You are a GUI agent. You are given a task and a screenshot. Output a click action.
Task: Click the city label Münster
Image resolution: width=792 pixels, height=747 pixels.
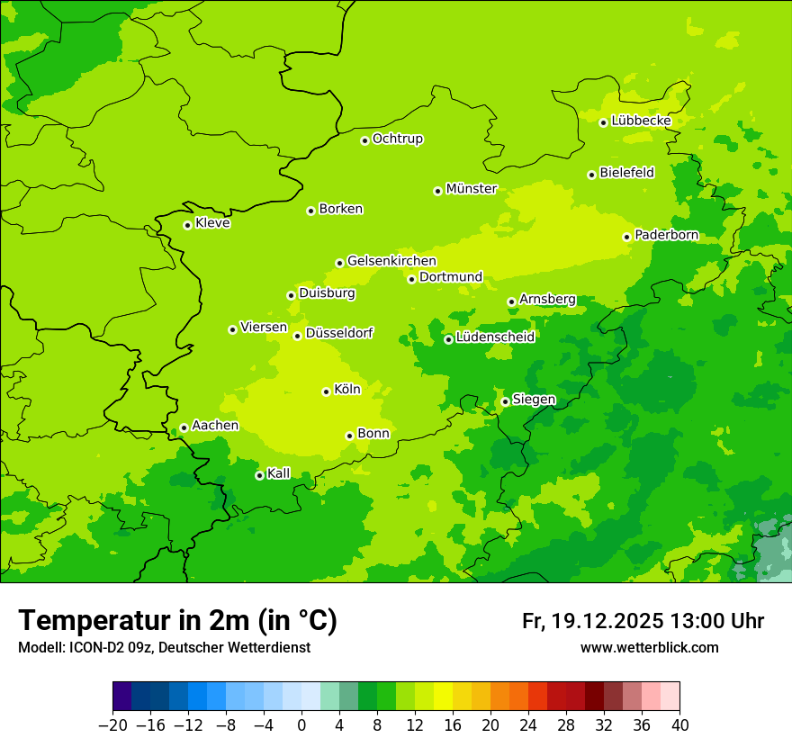(472, 189)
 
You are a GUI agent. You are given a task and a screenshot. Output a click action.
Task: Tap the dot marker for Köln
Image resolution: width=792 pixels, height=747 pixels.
(327, 391)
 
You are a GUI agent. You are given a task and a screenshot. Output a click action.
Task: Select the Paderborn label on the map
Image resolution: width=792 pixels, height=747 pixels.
(666, 235)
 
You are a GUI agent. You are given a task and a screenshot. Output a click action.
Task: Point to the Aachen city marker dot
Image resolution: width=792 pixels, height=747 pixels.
(184, 428)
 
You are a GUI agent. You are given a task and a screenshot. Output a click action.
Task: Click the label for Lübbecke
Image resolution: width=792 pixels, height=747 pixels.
(641, 121)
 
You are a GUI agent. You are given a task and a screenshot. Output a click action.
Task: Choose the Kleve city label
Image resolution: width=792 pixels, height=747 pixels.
(212, 223)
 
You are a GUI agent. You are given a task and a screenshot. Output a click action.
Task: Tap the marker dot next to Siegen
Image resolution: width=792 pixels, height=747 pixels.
(506, 401)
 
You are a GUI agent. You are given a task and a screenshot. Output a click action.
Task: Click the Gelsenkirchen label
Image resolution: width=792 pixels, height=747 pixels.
(391, 261)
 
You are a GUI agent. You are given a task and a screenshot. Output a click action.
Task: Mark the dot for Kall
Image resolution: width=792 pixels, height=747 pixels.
(260, 475)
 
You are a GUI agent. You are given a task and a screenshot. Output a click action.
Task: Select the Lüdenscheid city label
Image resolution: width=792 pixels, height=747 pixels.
(495, 337)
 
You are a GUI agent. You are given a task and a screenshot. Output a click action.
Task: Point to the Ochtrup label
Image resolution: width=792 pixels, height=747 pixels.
(398, 139)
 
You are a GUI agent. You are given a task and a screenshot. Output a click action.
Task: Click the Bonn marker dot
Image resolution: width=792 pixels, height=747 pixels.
(350, 436)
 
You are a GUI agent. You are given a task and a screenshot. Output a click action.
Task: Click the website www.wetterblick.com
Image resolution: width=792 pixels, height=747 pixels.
(650, 648)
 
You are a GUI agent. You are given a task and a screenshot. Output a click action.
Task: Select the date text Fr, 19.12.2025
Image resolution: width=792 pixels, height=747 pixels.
(593, 621)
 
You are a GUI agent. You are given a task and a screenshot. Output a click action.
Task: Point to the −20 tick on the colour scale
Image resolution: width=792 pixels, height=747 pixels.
(112, 725)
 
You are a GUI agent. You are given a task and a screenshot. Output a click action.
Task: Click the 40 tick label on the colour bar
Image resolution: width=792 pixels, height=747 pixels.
(679, 725)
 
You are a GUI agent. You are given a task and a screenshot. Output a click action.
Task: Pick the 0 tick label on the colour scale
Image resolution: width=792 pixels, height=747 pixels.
(301, 725)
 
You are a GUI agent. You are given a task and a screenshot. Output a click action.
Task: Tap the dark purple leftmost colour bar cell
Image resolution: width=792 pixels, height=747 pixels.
(122, 697)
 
